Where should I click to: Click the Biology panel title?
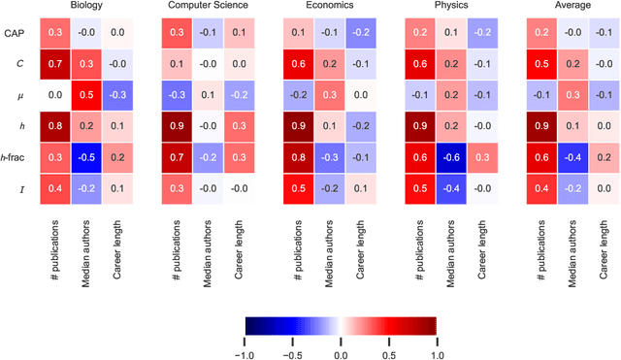85,6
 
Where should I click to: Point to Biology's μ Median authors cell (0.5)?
85,96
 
